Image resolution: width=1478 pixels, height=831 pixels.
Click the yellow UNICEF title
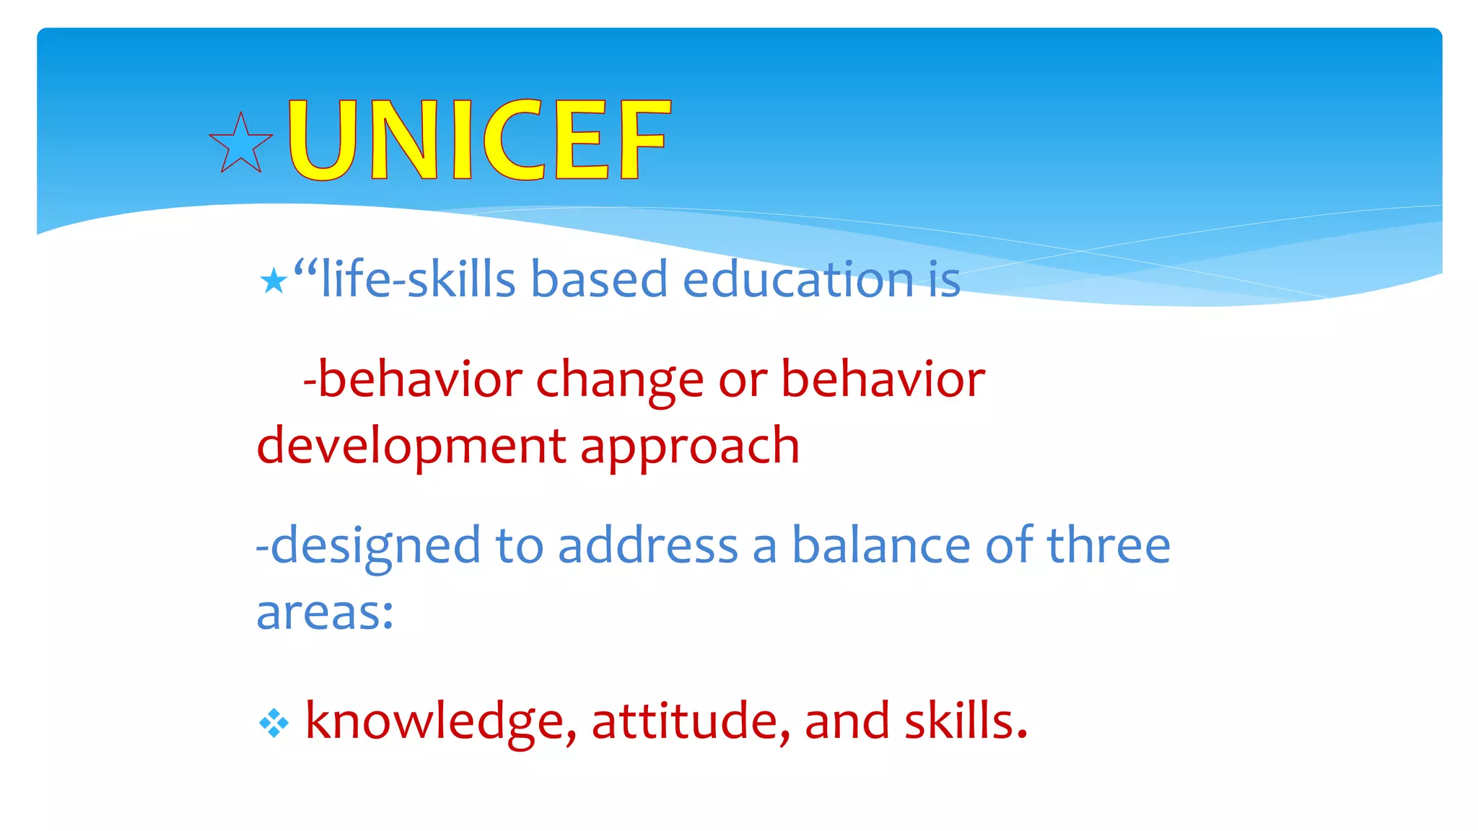click(x=478, y=140)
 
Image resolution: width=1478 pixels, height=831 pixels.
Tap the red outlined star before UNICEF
click(x=241, y=144)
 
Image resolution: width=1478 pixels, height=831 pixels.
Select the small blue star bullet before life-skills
click(x=274, y=281)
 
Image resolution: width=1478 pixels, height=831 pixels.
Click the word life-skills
click(x=418, y=279)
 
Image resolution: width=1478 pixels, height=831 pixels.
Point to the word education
click(x=798, y=279)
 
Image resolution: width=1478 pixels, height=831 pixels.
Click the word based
click(x=599, y=279)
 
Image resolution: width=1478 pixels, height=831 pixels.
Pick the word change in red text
click(x=619, y=380)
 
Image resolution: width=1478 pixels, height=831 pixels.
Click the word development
click(x=411, y=446)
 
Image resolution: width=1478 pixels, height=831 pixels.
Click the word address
click(x=647, y=545)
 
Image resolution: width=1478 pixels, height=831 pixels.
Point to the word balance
click(x=881, y=545)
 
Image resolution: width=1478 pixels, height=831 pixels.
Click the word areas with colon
click(x=325, y=613)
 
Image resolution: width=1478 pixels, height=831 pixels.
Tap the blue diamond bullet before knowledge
click(x=274, y=723)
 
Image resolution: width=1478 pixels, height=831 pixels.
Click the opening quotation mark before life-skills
click(x=306, y=269)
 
